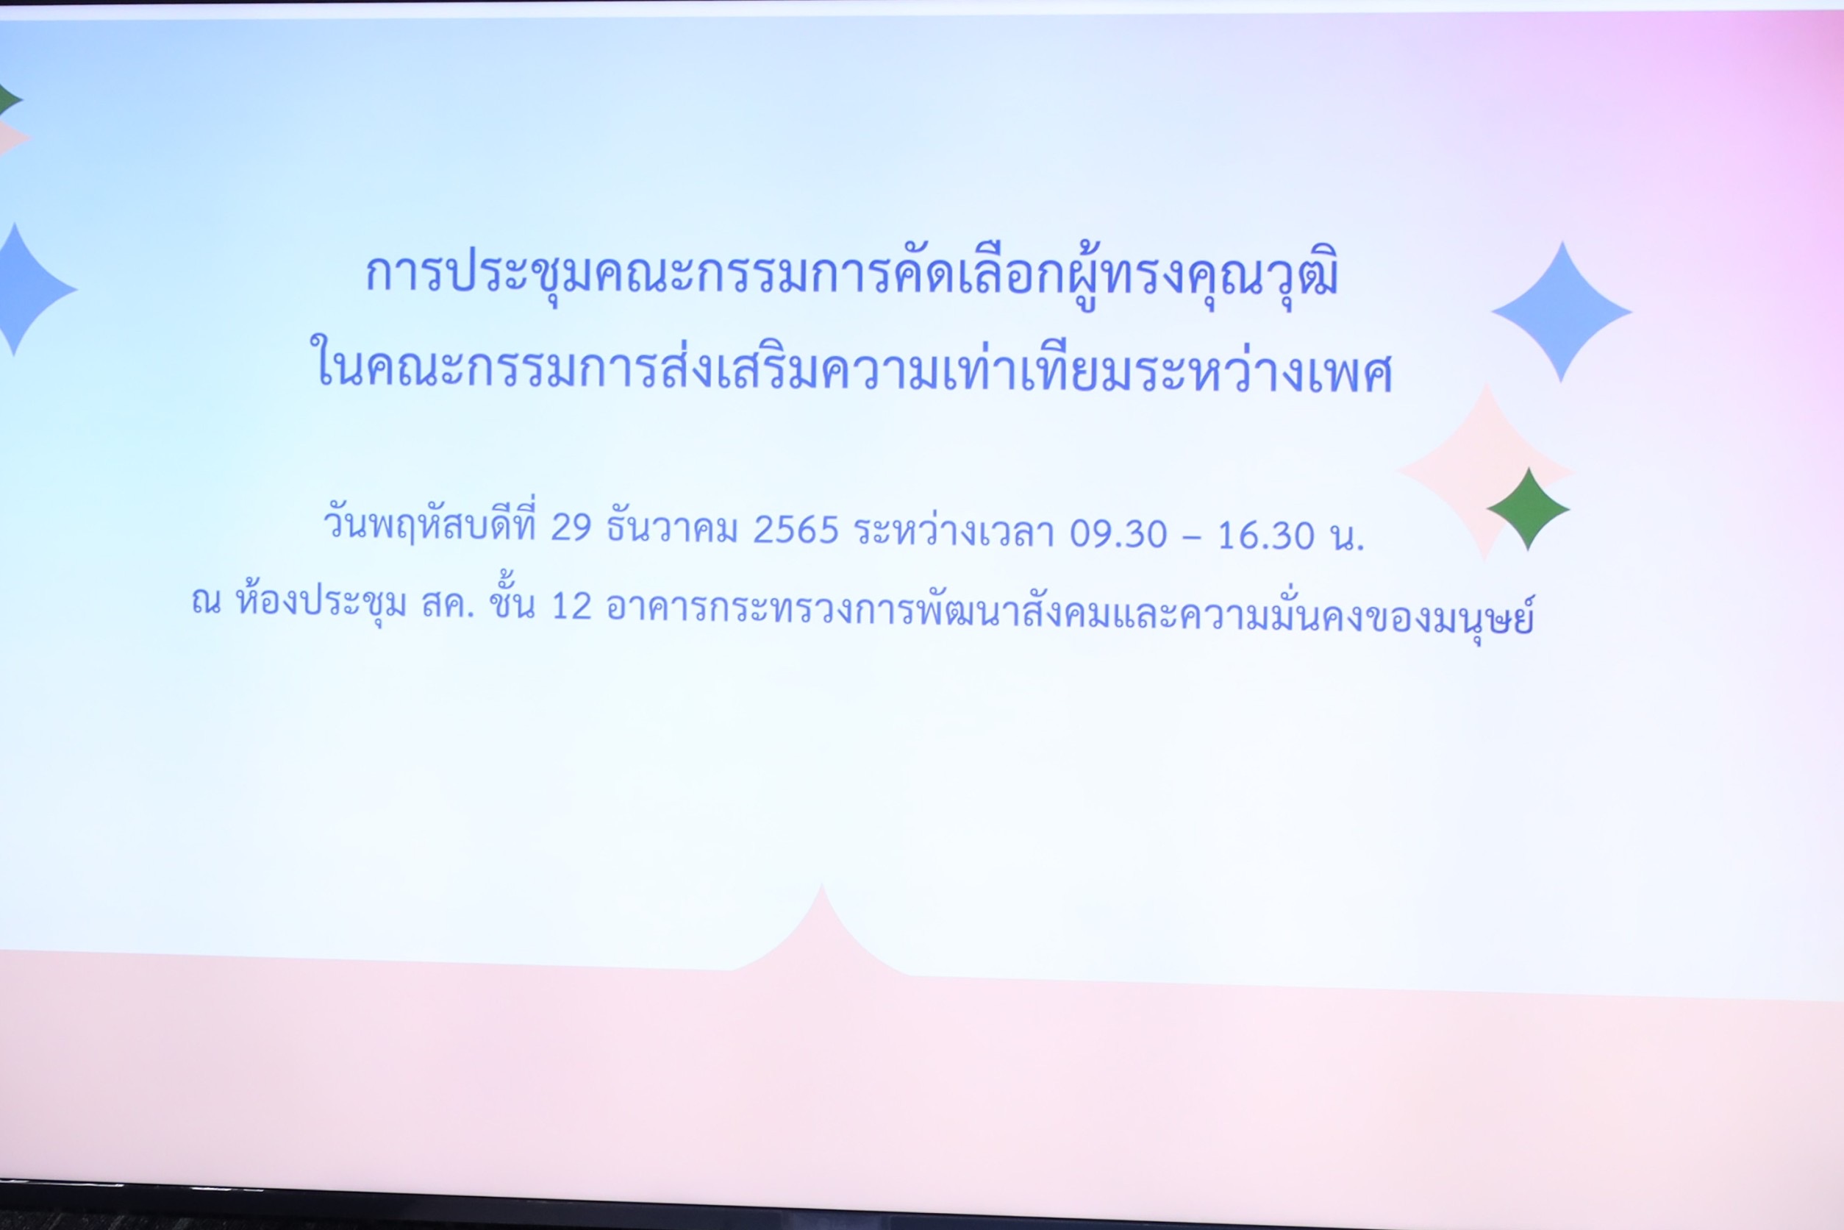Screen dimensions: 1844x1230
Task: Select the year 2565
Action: [796, 530]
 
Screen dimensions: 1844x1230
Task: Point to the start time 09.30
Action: [1118, 534]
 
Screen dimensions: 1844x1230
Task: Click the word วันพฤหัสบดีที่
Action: [429, 523]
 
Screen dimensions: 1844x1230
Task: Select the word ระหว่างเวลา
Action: [954, 530]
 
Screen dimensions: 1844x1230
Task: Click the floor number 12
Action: [571, 606]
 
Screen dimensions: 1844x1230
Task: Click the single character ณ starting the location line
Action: [206, 602]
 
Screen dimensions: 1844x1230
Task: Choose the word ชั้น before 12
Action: [512, 602]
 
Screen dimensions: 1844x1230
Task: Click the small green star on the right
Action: [1528, 509]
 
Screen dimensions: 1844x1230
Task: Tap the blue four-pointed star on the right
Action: [1562, 311]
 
